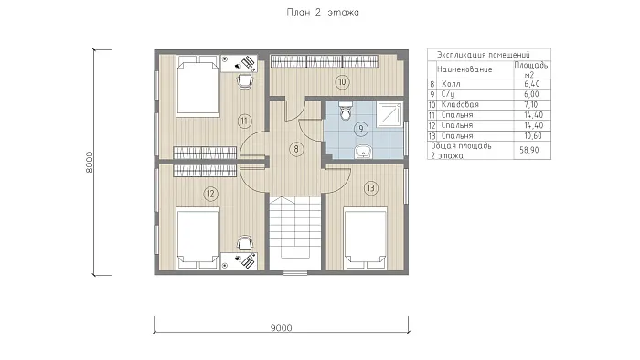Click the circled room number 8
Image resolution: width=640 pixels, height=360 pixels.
[296, 149]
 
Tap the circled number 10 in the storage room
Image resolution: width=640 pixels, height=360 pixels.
[342, 82]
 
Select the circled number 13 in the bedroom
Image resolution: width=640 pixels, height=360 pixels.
[370, 188]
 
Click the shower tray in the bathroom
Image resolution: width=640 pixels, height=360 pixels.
[389, 113]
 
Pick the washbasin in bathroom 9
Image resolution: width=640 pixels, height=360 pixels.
[363, 152]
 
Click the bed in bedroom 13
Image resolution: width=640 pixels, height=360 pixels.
[366, 238]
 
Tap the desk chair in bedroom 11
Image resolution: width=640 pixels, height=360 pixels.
[244, 81]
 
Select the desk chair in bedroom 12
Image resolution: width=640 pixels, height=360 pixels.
[244, 243]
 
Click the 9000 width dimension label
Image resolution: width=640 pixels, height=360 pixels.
[282, 328]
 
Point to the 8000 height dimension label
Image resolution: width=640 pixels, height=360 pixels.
[90, 163]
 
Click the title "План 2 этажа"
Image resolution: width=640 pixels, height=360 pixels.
[323, 12]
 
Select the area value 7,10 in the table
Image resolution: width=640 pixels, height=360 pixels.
[531, 105]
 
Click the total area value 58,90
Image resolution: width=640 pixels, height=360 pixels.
[529, 150]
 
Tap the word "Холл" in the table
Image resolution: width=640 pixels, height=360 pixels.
[451, 84]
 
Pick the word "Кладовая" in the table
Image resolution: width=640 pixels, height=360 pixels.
[460, 105]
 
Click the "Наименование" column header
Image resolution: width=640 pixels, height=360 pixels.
[464, 69]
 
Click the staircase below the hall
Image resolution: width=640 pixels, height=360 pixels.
[295, 233]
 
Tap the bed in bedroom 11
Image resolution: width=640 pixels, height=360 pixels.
[198, 87]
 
